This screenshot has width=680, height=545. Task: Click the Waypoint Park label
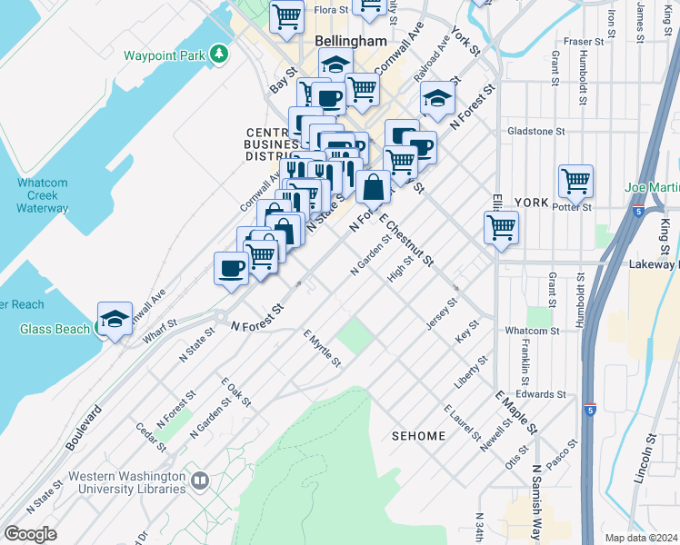point(165,54)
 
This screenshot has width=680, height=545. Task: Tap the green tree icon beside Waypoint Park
point(218,54)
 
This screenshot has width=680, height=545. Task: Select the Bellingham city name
point(351,42)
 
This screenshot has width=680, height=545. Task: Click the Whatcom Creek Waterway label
point(42,195)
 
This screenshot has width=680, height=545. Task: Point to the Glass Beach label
point(55,329)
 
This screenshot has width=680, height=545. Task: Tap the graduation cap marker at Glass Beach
point(115,319)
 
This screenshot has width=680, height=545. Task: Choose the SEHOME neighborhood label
point(418,436)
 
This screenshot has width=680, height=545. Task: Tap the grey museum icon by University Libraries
point(199,479)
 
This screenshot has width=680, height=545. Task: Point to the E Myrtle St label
point(322,349)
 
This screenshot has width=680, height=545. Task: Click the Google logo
point(31,534)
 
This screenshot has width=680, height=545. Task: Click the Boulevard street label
point(82,427)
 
